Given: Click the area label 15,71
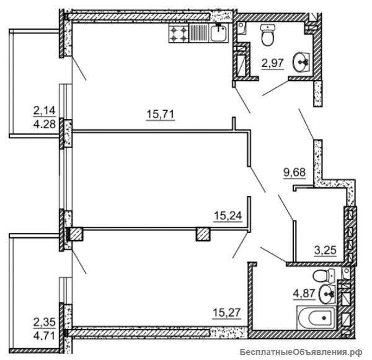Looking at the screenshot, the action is point(161,114).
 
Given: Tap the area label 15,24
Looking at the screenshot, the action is point(228,216).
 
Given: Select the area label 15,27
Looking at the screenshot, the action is point(226,312).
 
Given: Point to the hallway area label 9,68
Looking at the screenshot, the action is point(294,172).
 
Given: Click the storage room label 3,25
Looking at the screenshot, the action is point(325,250).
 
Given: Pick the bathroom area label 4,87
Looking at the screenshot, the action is point(304,294).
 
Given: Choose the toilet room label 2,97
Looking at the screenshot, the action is point(273,63).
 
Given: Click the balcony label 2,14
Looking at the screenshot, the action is point(45,110).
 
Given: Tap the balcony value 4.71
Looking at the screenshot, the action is point(45,336).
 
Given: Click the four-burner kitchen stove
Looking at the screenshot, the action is point(179,33).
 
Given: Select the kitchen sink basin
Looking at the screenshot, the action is point(218,33).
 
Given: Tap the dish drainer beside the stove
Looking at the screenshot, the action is point(199,33).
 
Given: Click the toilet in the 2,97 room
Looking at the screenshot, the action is point(267,35).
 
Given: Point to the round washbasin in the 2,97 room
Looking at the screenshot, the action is point(301,62).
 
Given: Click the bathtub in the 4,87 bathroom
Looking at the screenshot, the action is point(316,318).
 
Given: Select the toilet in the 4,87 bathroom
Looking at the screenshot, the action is point(323,276).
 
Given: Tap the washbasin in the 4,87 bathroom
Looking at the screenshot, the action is point(327,294).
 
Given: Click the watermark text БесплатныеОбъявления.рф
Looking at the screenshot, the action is point(301,353).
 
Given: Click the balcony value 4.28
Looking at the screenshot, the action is point(45,124).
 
